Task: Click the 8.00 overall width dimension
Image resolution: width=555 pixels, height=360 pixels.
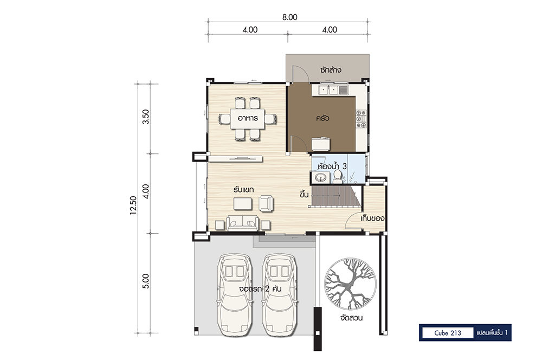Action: [289, 17]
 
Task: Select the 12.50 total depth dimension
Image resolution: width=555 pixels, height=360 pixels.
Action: [133, 205]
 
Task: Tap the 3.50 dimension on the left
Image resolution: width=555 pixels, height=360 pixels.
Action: [146, 117]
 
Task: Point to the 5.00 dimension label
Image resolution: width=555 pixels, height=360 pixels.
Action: [146, 281]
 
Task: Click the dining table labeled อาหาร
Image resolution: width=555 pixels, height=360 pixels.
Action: [247, 119]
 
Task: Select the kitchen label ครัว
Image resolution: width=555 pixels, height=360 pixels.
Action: [322, 118]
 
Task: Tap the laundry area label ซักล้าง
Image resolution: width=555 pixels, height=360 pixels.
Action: [331, 70]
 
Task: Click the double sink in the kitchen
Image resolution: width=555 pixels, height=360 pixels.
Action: [329, 90]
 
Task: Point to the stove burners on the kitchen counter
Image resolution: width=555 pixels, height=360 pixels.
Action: [360, 119]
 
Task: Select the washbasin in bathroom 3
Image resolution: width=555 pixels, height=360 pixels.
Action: [321, 177]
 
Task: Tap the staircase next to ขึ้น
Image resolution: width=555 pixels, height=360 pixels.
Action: [335, 196]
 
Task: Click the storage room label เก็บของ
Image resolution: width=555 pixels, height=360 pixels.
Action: [373, 218]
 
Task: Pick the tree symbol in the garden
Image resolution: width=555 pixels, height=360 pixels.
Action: [350, 284]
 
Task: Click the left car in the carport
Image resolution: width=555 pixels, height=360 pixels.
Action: [234, 294]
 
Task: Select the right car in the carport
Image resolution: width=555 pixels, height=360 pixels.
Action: [280, 294]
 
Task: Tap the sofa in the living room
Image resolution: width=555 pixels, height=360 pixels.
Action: [243, 223]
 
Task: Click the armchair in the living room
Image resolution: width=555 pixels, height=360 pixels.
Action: [266, 203]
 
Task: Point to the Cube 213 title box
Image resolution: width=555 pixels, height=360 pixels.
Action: [448, 333]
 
